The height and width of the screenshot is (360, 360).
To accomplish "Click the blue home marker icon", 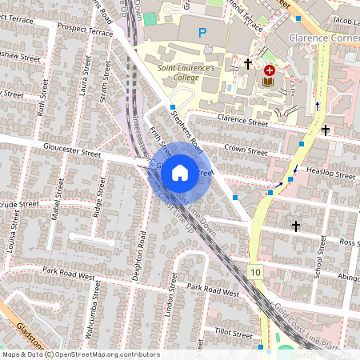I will click(180, 172).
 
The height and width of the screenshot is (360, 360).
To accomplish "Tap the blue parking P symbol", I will click(202, 33).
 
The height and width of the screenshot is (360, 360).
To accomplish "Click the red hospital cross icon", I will click(269, 70).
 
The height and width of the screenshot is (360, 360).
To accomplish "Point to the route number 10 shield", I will click(254, 273).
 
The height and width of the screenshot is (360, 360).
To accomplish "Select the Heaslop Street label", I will click(334, 174).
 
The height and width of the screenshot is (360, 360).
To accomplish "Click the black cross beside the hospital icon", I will click(248, 63).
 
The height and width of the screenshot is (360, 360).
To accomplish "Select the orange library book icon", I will click(269, 82).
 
